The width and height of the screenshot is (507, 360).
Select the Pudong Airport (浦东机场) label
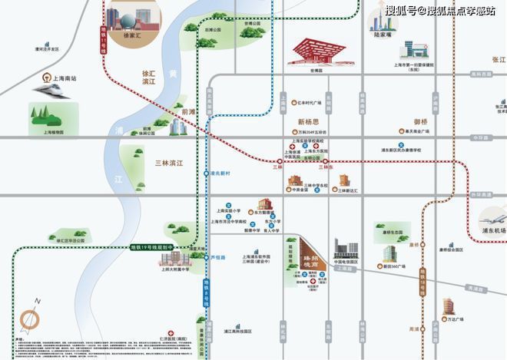pyautogui.click(x=491, y=230)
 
